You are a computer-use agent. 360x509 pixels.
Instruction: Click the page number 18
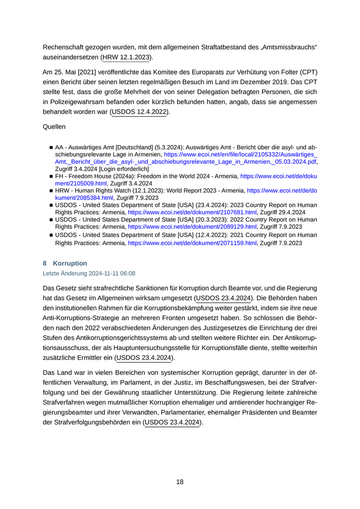pyautogui.click(x=179, y=482)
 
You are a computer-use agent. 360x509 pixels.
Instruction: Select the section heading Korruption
pyautogui.click(x=70, y=263)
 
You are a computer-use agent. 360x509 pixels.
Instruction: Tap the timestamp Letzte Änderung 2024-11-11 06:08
pyautogui.click(x=89, y=274)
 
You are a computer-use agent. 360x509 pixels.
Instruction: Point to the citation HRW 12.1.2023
pyautogui.click(x=127, y=57)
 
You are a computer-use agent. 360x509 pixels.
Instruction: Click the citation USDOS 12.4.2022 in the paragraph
pyautogui.click(x=139, y=112)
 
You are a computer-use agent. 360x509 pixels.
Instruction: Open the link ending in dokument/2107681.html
pyautogui.click(x=192, y=212)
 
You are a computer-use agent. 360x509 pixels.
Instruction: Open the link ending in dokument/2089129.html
pyautogui.click(x=192, y=226)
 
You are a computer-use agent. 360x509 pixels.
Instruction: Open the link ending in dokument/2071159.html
pyautogui.click(x=192, y=243)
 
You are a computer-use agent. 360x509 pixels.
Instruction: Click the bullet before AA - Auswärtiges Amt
pyautogui.click(x=51, y=147)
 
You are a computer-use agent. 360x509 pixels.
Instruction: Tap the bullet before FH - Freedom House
pyautogui.click(x=51, y=176)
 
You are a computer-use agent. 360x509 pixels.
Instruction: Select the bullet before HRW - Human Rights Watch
pyautogui.click(x=51, y=190)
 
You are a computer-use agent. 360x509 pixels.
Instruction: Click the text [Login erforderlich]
pyautogui.click(x=124, y=169)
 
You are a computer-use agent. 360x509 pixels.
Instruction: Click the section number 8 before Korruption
pyautogui.click(x=45, y=263)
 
